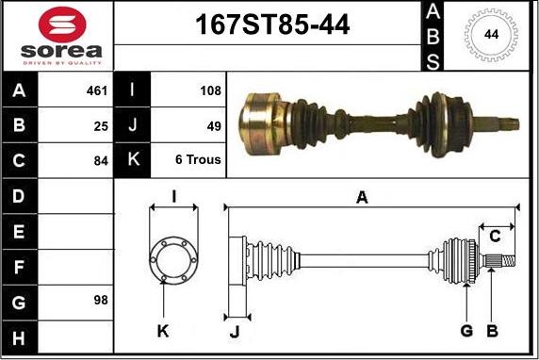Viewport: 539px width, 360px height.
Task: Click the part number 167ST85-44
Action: (x=272, y=25)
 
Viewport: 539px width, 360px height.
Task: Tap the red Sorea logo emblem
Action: (x=62, y=25)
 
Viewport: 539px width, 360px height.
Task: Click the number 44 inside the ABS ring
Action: (x=491, y=34)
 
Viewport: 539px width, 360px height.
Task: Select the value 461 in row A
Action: (x=97, y=90)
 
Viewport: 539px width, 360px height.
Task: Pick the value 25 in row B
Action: (x=101, y=126)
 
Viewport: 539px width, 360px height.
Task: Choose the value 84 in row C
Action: (x=101, y=161)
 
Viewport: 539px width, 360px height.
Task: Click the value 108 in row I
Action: (x=210, y=90)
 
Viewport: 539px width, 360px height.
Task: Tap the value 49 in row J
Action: (x=214, y=126)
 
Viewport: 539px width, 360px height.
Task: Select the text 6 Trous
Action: (x=198, y=159)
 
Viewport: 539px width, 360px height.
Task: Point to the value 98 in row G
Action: (x=101, y=300)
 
